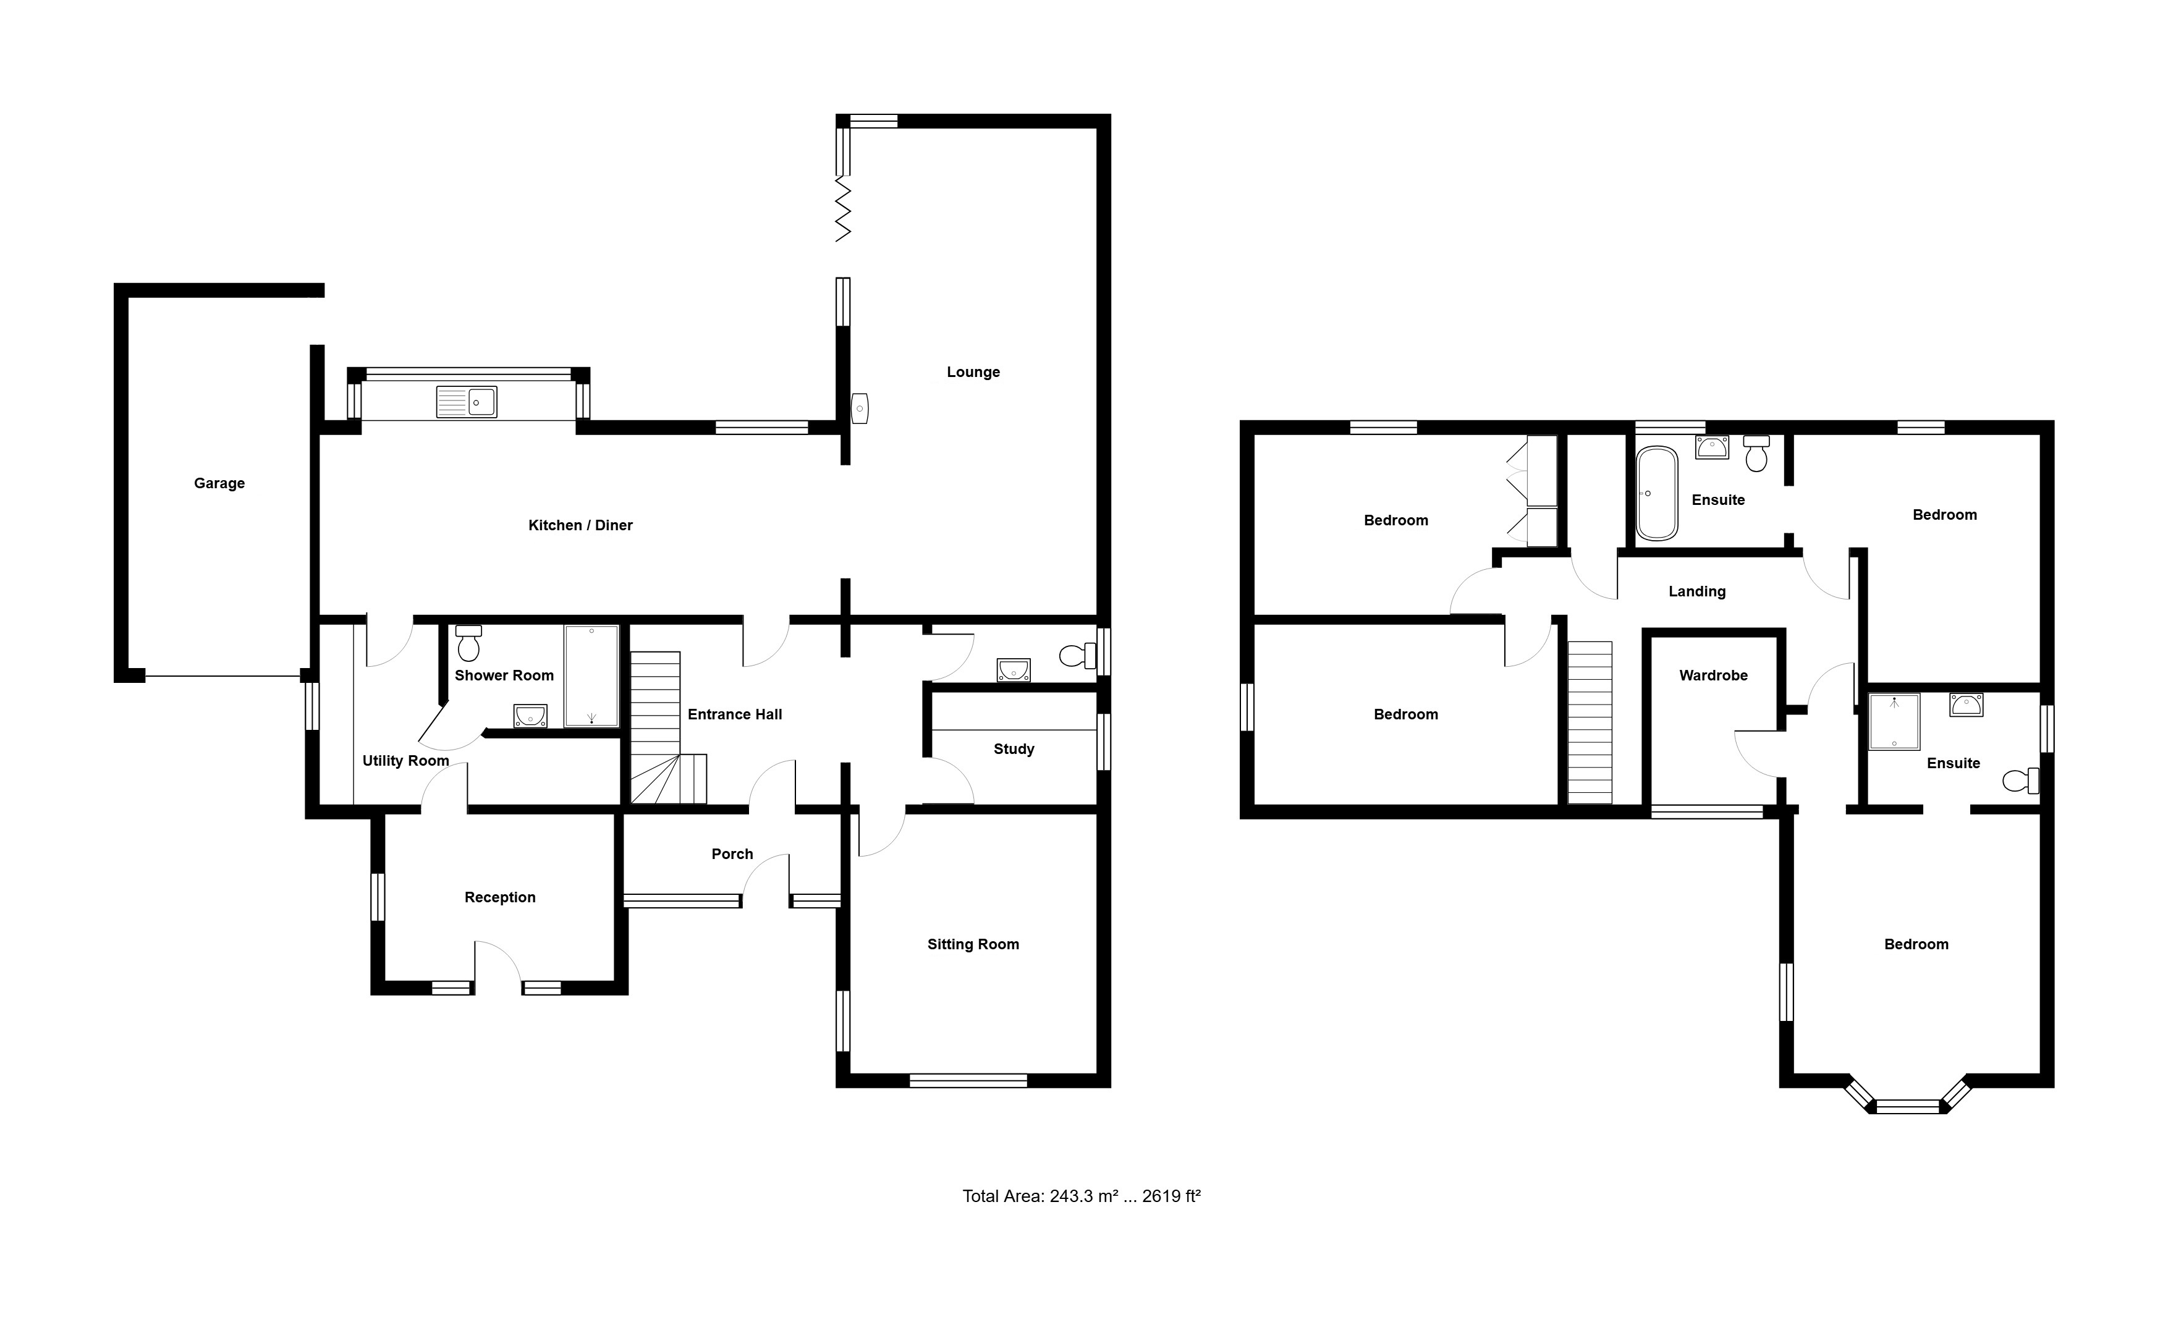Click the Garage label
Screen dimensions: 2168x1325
[219, 483]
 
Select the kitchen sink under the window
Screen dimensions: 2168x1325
[467, 402]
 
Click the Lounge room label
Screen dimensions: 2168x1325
[973, 372]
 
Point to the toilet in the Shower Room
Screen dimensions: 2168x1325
[469, 643]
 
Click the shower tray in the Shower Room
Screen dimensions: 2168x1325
[591, 675]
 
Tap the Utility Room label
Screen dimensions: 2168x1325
[405, 761]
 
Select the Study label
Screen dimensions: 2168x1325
[1014, 749]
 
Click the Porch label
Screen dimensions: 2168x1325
[732, 853]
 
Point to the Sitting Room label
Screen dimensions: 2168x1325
[973, 944]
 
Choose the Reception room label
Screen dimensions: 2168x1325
[500, 897]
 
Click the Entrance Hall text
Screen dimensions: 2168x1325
[735, 714]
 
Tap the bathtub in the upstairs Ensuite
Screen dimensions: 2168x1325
[1657, 494]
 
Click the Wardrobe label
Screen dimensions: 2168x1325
[1713, 675]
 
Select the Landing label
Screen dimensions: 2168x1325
[1697, 592]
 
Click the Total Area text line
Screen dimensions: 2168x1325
[1082, 1196]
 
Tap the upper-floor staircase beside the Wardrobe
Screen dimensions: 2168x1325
[1590, 722]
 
